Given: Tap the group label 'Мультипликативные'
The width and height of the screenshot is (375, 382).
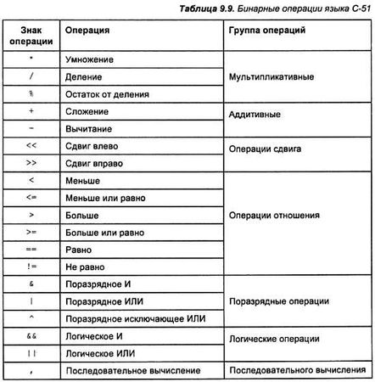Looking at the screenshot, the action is point(272,77).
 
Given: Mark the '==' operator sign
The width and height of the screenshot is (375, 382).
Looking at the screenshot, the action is point(30,250).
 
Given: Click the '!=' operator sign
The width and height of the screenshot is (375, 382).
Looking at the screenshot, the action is point(30,266).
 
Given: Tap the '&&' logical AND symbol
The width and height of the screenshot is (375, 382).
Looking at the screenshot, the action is point(30,336).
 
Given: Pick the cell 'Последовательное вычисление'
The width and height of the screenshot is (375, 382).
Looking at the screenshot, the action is point(132,371).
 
